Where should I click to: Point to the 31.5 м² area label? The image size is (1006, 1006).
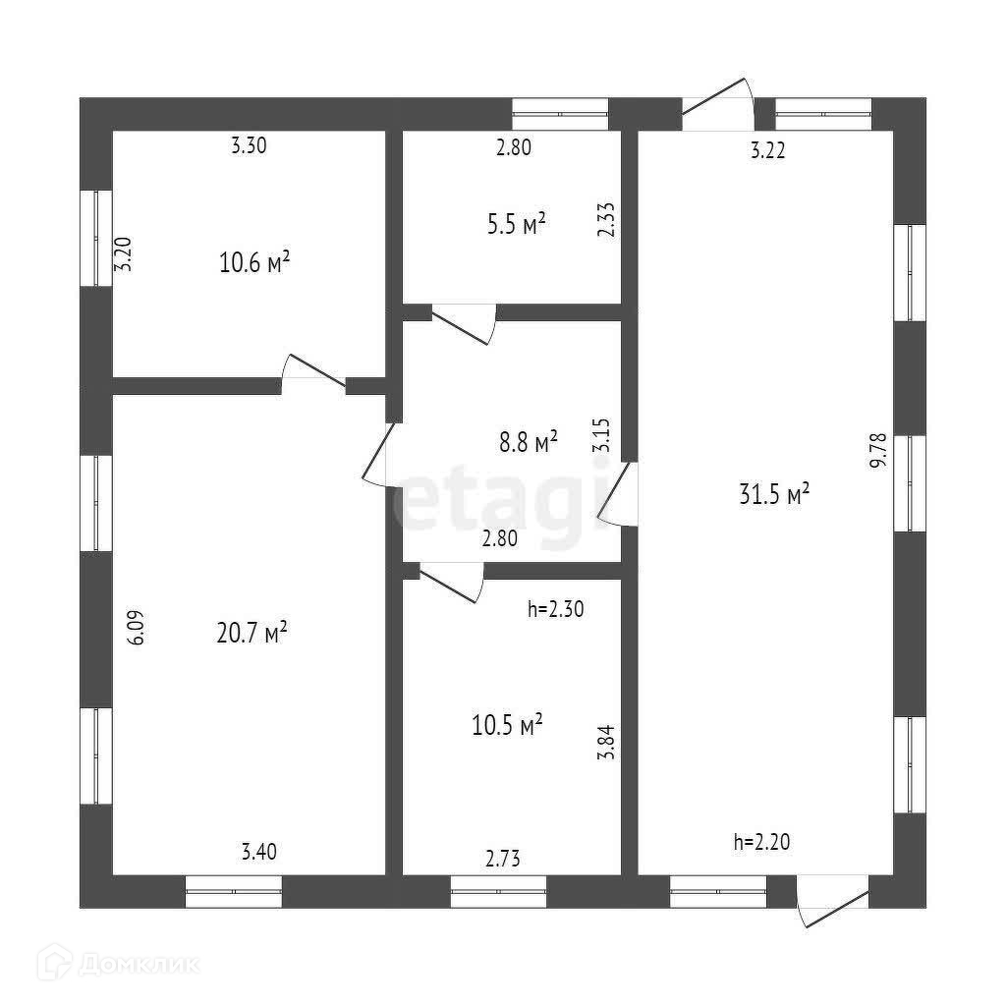coord(773,494)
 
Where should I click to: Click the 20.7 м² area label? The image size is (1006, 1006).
coord(251,632)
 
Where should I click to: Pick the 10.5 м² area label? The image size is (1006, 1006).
coord(507,726)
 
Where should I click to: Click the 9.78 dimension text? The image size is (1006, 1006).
coord(879,450)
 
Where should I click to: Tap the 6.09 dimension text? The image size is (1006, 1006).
coord(137,627)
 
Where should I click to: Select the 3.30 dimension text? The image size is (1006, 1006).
coord(249,147)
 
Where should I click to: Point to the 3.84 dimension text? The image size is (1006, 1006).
coord(605,742)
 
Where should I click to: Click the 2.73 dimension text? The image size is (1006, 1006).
coord(502,858)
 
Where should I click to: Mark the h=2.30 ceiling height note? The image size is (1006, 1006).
coord(556,609)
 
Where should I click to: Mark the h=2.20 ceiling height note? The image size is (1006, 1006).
coord(761,841)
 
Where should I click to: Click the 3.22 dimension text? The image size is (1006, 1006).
coord(767,150)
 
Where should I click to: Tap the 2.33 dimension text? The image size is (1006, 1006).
coord(606,220)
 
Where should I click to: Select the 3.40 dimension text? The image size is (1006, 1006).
coord(259,851)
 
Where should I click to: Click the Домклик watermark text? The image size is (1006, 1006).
coord(138,964)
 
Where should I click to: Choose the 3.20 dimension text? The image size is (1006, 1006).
coord(122,255)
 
